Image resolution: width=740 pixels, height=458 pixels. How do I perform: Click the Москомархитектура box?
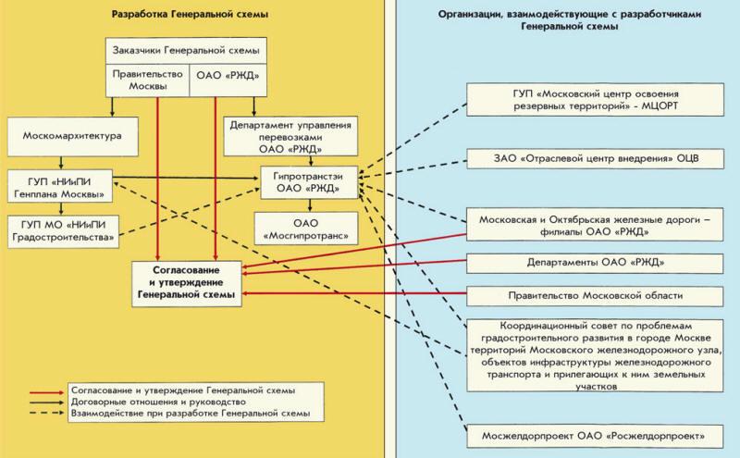73,136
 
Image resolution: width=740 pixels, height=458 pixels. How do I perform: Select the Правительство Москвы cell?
147,80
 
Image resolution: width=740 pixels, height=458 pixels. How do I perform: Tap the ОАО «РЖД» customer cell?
228,80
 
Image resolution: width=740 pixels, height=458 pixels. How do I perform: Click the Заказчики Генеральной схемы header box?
186,51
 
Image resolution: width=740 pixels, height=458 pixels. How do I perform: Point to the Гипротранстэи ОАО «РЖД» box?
309,182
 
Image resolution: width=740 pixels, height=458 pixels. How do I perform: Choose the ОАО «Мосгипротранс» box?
306,229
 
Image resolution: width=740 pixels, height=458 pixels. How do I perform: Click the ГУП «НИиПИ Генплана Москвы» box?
59,186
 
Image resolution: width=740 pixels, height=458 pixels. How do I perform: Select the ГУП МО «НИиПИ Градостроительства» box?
63,231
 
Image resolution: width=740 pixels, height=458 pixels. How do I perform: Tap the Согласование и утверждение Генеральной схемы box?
187,283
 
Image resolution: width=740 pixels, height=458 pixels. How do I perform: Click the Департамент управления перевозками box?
290,136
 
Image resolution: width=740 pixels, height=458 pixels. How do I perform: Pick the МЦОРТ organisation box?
595,100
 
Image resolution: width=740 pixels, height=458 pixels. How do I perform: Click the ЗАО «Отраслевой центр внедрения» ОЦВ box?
595,158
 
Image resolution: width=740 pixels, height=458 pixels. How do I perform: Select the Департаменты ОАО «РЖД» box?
595,263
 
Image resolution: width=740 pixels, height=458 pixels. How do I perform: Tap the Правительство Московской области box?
595,296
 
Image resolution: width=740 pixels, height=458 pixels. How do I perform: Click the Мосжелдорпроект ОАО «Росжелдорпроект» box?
595,437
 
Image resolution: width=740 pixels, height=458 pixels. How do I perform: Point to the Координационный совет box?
595,355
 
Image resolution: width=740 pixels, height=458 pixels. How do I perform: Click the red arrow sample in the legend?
46,392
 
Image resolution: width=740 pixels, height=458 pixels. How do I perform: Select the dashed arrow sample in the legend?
46,414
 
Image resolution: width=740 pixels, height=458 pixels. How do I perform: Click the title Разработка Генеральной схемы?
190,14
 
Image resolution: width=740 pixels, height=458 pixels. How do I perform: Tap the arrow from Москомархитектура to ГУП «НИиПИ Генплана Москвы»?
61,163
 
